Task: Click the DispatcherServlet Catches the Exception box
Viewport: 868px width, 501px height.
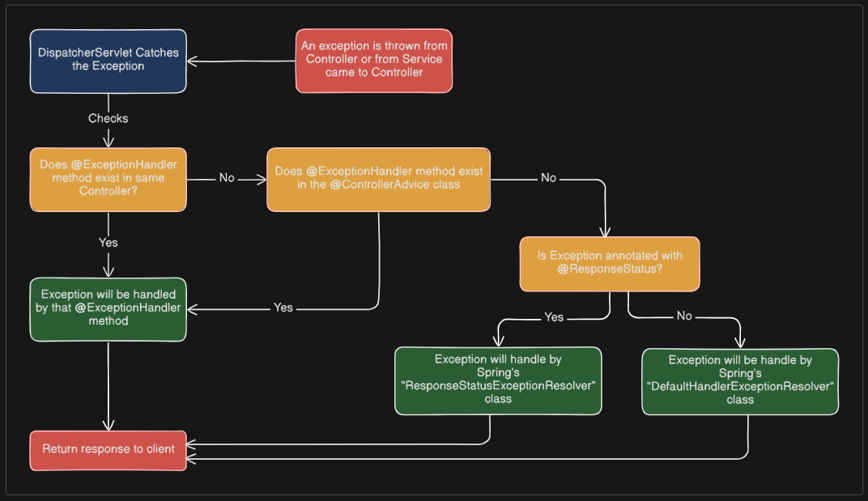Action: [108, 61]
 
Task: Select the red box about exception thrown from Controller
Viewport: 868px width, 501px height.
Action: [373, 61]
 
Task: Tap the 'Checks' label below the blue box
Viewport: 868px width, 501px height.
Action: [108, 118]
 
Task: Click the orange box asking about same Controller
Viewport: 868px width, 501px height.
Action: [108, 179]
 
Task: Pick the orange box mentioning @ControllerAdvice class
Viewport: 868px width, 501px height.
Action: [378, 179]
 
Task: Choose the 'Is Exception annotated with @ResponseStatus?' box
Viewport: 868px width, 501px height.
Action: [609, 263]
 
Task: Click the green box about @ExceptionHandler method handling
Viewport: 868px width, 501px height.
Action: [108, 309]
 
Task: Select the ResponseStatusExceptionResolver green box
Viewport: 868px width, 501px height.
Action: [498, 380]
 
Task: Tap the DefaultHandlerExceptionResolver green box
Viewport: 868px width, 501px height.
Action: [740, 381]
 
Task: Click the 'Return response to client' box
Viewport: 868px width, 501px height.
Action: [108, 450]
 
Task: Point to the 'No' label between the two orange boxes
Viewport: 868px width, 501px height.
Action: [227, 178]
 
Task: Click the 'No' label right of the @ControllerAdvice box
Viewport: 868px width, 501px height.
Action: [548, 178]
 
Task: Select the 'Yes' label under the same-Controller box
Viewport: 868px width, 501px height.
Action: [108, 243]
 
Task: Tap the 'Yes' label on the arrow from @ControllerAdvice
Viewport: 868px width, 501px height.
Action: [283, 308]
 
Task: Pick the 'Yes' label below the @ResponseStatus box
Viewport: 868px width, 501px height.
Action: [554, 317]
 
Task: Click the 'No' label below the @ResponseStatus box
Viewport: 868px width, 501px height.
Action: [684, 316]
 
